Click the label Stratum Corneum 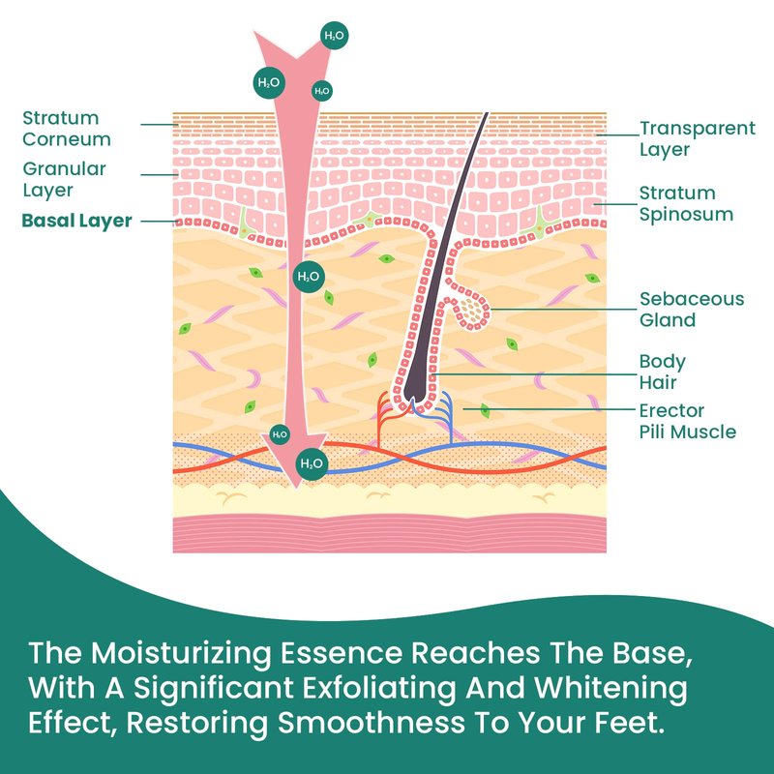tap(66, 129)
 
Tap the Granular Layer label tap(64, 179)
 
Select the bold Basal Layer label tap(76, 221)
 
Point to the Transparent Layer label tap(698, 138)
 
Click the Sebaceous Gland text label tap(692, 309)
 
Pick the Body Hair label tap(663, 372)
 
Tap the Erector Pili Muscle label tap(687, 421)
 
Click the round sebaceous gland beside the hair tap(473, 310)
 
